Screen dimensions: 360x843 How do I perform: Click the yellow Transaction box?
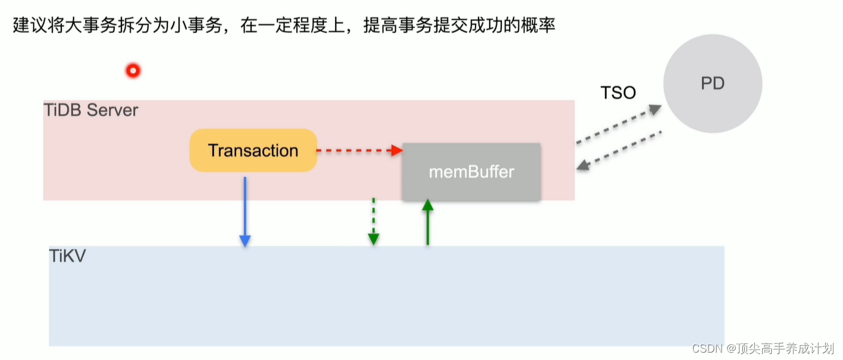(253, 150)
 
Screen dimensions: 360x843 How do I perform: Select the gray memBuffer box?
(471, 172)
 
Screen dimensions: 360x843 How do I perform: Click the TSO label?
(618, 93)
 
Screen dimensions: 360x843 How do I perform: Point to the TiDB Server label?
(91, 110)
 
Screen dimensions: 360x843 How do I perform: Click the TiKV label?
(67, 255)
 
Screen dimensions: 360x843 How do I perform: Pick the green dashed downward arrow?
(373, 221)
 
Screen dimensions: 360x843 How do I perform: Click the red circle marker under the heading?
(133, 71)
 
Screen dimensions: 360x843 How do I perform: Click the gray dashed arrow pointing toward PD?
(618, 124)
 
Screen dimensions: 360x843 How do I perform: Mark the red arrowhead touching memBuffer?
(397, 150)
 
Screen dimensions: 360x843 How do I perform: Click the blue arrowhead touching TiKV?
(245, 241)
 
